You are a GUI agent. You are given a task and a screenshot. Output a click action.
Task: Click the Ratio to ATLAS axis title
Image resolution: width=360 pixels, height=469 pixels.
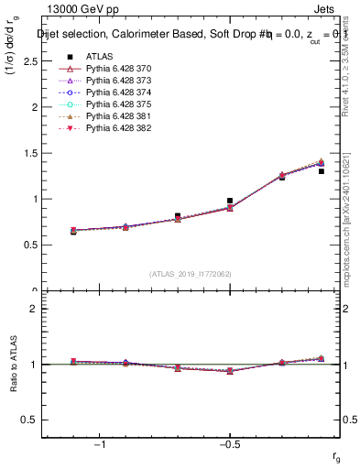[x=13, y=364]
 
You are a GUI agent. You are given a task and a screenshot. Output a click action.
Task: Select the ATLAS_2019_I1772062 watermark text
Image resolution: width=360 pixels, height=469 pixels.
[x=191, y=274]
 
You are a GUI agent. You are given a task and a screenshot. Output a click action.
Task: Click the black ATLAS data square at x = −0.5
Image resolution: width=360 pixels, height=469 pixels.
[x=230, y=201]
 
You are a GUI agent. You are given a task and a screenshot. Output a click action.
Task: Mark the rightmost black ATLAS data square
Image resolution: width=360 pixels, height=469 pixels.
[x=322, y=171]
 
